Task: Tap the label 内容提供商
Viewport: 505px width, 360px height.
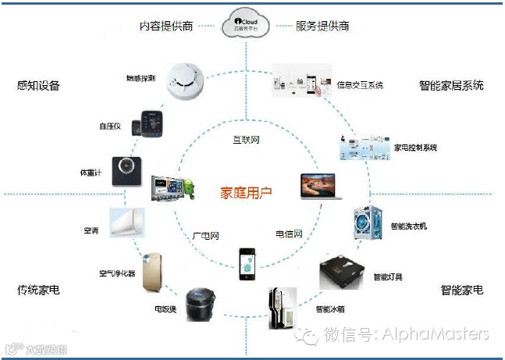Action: pos(166,26)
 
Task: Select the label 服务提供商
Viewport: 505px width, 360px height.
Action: pos(322,26)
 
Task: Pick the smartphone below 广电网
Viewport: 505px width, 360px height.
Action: pos(247,264)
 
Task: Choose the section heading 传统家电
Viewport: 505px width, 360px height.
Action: pos(38,290)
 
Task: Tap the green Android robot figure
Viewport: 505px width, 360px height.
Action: pos(187,185)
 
